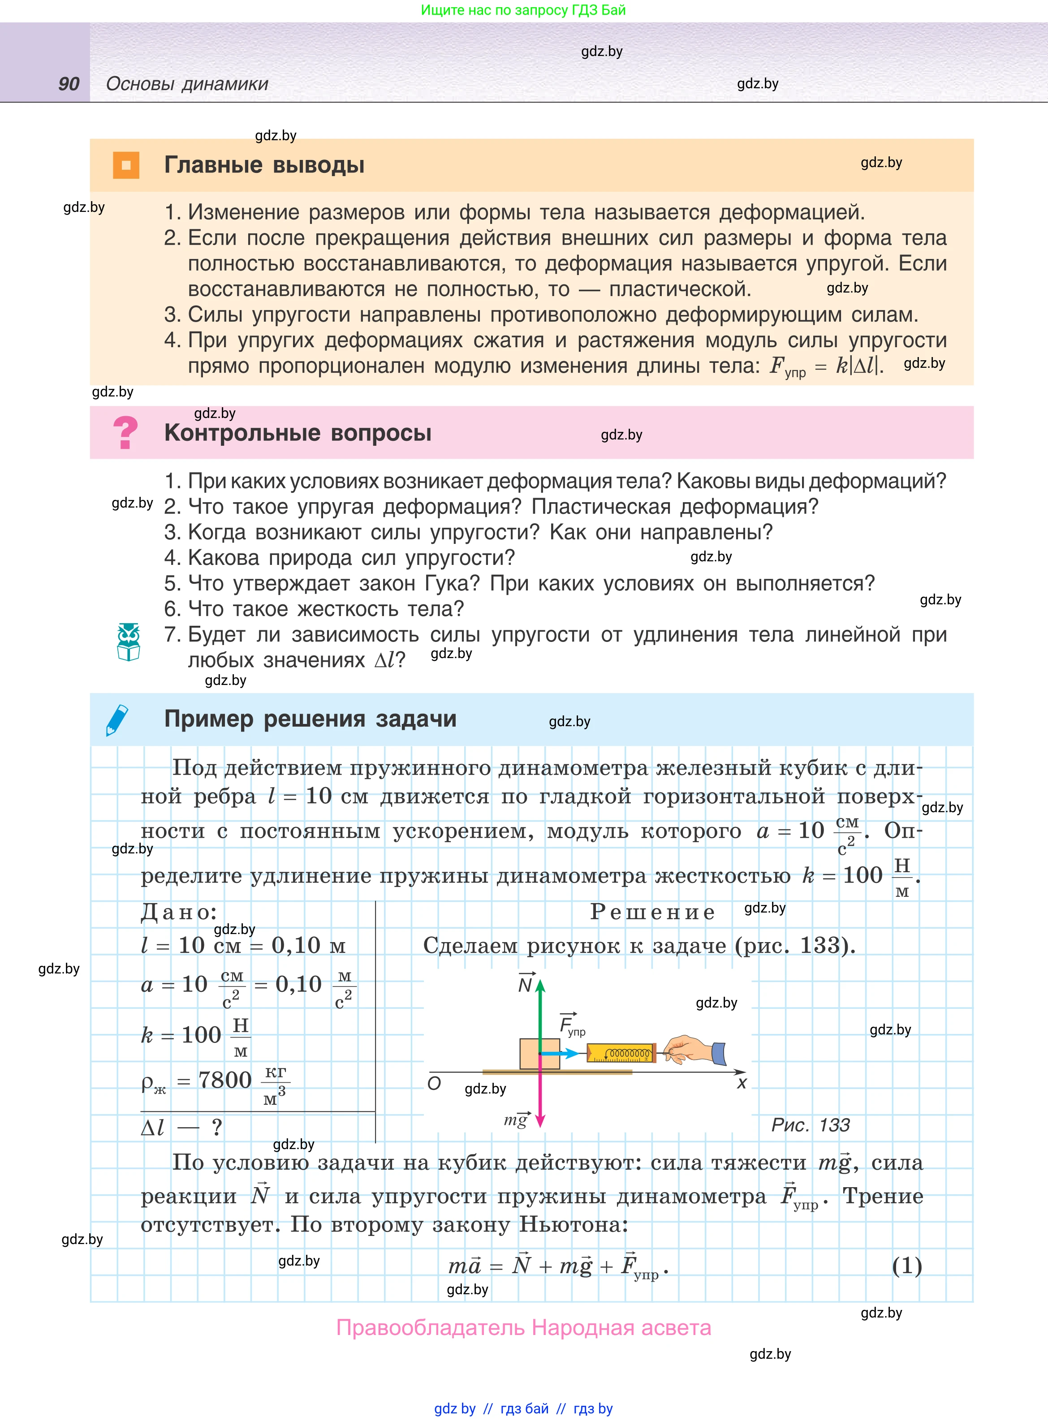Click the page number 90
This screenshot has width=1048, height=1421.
tap(69, 84)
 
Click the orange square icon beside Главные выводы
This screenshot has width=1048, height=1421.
tap(125, 165)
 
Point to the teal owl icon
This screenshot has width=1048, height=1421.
tap(129, 642)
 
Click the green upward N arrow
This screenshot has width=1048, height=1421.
tap(540, 1015)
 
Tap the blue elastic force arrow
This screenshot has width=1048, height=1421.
tap(561, 1054)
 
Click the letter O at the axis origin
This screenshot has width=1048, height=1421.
tap(434, 1083)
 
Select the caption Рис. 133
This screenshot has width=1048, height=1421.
tap(810, 1125)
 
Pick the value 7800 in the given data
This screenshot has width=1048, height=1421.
tap(225, 1080)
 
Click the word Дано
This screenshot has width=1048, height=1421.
tap(179, 912)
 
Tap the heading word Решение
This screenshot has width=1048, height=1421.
tap(652, 912)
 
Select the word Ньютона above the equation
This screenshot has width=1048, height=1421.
tap(574, 1224)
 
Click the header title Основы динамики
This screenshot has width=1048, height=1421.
tap(187, 84)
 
